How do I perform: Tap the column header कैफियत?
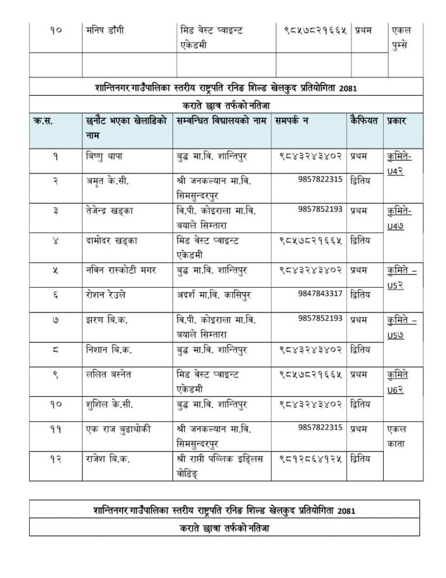[x=363, y=121]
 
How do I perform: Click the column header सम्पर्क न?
[x=292, y=121]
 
